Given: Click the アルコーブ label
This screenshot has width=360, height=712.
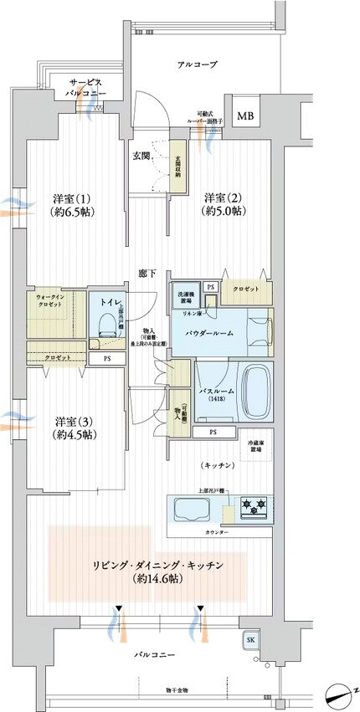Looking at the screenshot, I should pos(198,64).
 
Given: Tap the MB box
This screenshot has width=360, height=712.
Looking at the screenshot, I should pos(245,116).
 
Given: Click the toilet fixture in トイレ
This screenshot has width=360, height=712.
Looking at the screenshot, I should pos(106,325).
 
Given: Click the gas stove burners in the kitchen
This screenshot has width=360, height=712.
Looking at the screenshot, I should pos(254,505).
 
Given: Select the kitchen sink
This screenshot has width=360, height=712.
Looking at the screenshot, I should pos(193,508).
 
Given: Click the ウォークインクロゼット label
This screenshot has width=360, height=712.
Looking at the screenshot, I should pos(53,301).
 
